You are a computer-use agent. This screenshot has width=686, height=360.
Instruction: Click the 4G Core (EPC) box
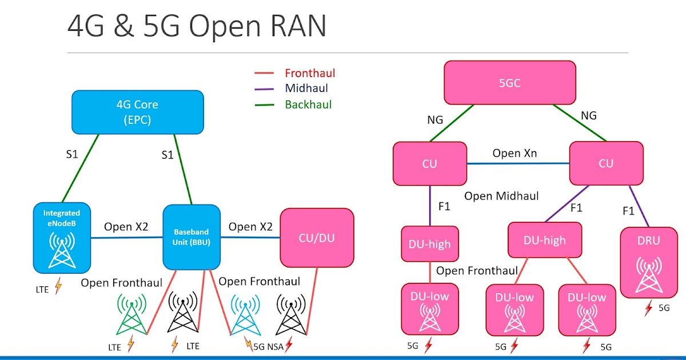click(x=137, y=112)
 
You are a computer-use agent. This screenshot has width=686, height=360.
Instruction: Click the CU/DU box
click(x=317, y=238)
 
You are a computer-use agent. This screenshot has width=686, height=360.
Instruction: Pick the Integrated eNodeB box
click(x=61, y=236)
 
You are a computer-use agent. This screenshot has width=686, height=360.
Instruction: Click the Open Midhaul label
click(x=501, y=196)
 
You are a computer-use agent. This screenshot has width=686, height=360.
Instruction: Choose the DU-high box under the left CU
click(x=429, y=244)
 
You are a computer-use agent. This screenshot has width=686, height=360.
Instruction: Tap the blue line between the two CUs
click(x=517, y=163)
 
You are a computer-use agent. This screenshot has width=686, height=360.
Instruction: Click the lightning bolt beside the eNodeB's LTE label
click(x=58, y=286)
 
